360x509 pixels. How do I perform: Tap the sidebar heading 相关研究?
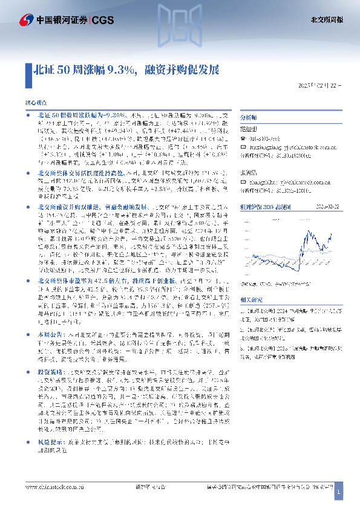coord(251,299)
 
